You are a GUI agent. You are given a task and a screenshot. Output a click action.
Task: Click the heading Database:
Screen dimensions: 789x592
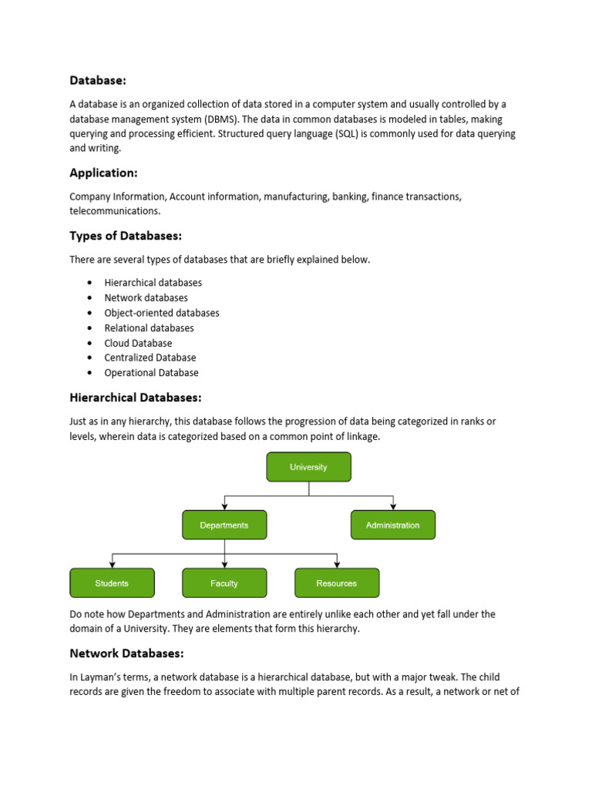coord(98,79)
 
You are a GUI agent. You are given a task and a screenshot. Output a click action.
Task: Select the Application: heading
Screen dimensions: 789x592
coord(103,173)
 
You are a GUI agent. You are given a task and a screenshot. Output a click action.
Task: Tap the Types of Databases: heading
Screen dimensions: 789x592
coord(126,235)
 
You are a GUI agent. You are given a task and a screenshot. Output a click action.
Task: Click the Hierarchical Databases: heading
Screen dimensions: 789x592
coord(136,398)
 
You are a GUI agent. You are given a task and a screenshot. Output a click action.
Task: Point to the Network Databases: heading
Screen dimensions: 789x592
coord(126,653)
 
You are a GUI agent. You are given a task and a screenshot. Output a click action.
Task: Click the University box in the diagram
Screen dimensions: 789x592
coord(308,467)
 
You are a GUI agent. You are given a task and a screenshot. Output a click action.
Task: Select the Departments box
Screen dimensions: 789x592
coord(224,525)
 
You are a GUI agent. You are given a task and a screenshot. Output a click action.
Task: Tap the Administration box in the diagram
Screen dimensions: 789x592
coord(392,525)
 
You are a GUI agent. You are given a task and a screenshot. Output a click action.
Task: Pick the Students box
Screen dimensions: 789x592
coord(112,583)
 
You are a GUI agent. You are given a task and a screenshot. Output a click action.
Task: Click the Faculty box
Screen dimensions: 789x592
coord(224,583)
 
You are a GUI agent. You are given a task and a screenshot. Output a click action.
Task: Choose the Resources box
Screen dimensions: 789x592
coord(337,583)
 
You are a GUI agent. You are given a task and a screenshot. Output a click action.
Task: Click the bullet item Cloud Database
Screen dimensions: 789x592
coord(138,343)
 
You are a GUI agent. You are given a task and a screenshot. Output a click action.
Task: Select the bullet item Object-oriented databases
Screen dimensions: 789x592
coord(162,313)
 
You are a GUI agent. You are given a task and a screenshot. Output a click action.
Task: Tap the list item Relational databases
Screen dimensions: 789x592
coord(149,328)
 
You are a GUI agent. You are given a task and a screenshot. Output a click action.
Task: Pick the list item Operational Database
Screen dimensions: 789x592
coord(151,373)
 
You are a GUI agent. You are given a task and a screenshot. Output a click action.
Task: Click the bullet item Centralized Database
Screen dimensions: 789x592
coord(150,358)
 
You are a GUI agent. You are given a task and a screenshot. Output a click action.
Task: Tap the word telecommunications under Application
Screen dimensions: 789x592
coord(116,210)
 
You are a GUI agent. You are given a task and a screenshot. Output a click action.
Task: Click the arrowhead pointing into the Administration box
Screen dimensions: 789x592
coord(393,506)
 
